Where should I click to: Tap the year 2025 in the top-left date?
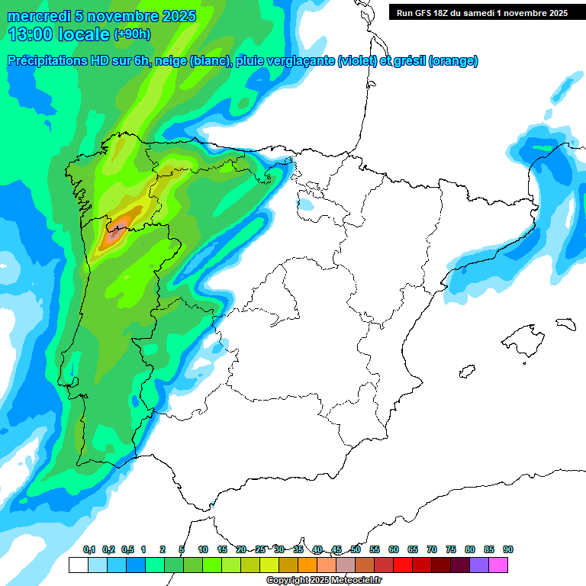pyautogui.click(x=176, y=16)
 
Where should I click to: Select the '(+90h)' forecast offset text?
pyautogui.click(x=132, y=34)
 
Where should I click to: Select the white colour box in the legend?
pyautogui.click(x=78, y=565)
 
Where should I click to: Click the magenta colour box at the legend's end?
pyautogui.click(x=498, y=565)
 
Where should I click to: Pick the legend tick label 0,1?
pyautogui.click(x=89, y=549)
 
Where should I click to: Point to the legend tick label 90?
pyautogui.click(x=508, y=549)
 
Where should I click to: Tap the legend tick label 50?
pyautogui.click(x=356, y=549)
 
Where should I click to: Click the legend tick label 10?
pyautogui.click(x=203, y=549)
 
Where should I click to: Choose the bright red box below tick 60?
pyautogui.click(x=403, y=565)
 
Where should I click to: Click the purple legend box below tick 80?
pyautogui.click(x=479, y=565)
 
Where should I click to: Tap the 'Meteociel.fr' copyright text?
pyautogui.click(x=354, y=581)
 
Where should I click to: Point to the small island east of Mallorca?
pyautogui.click(x=565, y=324)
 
